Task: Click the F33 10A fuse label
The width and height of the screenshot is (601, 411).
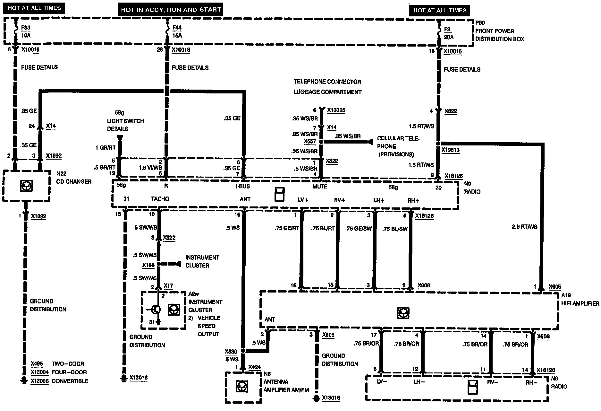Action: [x=26, y=31]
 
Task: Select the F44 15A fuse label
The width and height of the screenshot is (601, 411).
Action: [x=177, y=31]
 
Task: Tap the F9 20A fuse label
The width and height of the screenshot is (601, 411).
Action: [x=448, y=33]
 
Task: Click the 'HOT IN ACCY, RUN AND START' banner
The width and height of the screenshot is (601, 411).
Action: [x=171, y=10]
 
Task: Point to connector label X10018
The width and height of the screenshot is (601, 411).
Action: [x=181, y=50]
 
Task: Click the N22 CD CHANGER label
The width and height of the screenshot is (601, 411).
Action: [x=74, y=178]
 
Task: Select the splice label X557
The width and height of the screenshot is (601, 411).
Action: [x=309, y=141]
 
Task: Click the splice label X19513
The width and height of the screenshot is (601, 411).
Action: [x=450, y=150]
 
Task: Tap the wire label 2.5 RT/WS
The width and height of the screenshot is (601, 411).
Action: [x=524, y=227]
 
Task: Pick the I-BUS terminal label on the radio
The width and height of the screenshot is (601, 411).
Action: [x=242, y=186]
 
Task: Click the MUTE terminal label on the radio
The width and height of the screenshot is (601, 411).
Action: [x=320, y=187]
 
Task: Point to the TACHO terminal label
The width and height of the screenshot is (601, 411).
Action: [x=160, y=199]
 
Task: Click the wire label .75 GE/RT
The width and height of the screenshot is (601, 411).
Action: [x=287, y=229]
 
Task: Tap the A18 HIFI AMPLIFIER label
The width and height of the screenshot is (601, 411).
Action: [x=580, y=300]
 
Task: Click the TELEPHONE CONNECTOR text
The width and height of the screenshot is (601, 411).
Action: [x=327, y=82]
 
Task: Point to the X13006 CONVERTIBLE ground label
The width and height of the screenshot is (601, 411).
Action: [x=59, y=381]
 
